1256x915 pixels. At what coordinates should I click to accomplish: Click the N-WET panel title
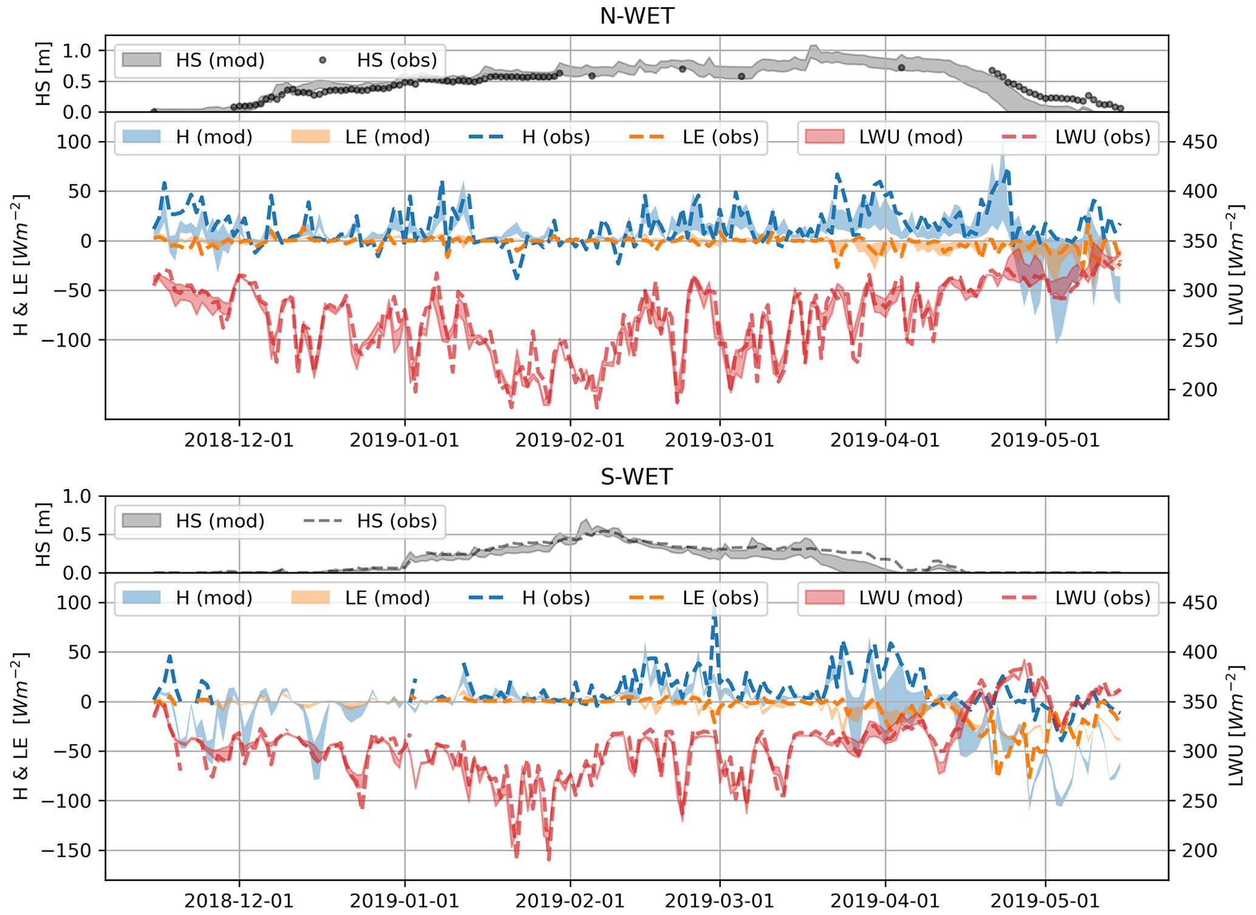tap(636, 16)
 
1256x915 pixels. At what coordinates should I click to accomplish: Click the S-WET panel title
tap(636, 477)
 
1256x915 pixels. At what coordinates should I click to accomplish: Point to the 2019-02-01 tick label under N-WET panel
tap(570, 440)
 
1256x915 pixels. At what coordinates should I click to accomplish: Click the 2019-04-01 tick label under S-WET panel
tap(885, 900)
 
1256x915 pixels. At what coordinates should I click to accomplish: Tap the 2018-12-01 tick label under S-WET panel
tap(239, 900)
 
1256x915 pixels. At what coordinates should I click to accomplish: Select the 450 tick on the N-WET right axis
tap(1196, 142)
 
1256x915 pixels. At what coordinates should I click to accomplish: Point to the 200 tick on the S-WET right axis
tap(1196, 851)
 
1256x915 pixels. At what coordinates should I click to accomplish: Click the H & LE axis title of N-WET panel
tap(21, 265)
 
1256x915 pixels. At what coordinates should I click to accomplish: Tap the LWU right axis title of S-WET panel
tap(1236, 726)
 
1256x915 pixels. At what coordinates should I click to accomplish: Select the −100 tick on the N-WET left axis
tap(68, 340)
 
